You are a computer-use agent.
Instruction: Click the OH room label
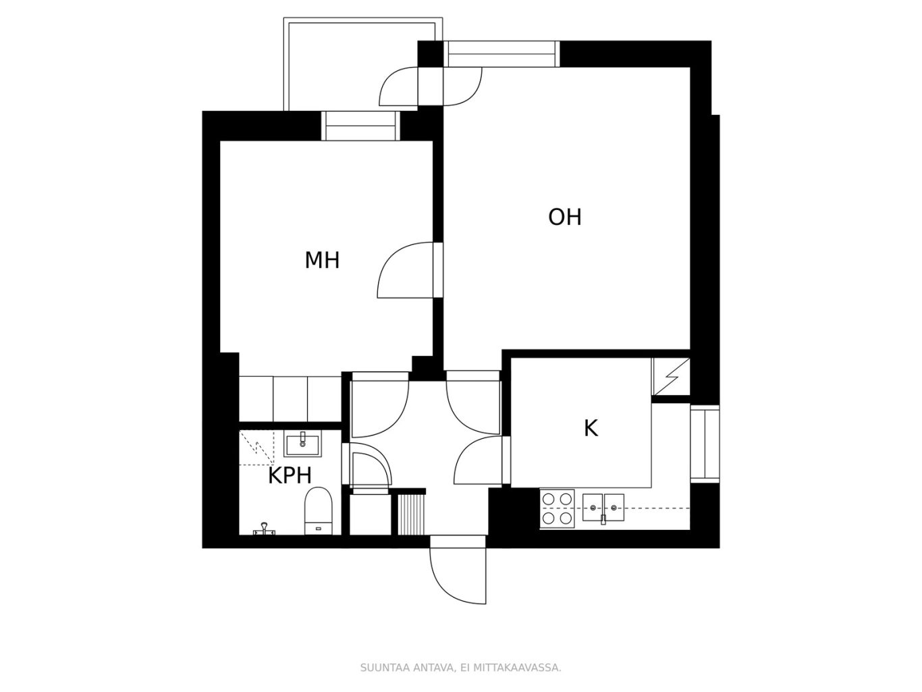[564, 217]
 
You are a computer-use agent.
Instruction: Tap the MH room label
[322, 261]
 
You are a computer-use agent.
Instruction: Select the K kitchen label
[591, 429]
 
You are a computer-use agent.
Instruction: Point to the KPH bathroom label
[290, 476]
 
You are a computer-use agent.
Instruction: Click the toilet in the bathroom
[319, 511]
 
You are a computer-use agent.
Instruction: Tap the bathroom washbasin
[302, 444]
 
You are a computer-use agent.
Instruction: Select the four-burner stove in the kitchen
[557, 508]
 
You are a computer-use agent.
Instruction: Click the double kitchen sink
[603, 508]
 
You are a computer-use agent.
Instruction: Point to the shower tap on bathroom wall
[264, 529]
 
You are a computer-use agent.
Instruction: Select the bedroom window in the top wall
[360, 126]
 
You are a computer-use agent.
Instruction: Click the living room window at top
[501, 54]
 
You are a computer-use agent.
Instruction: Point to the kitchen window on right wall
[705, 444]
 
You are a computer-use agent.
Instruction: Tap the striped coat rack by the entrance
[411, 515]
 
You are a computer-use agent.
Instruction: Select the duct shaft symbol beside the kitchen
[671, 377]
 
